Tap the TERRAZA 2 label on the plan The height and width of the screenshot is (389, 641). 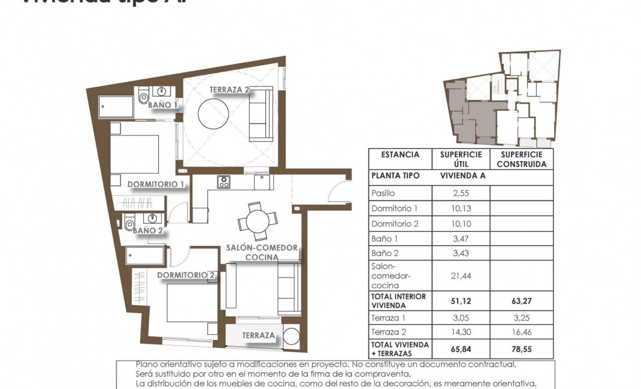tap(229, 90)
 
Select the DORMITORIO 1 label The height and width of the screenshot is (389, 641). tap(156, 184)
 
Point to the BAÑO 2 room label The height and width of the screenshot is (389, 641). tap(147, 230)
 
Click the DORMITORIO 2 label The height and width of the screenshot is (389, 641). tap(186, 275)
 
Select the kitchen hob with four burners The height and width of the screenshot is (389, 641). tap(223, 181)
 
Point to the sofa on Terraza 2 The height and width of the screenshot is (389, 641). tap(261, 114)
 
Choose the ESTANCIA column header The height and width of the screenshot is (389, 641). tap(400, 154)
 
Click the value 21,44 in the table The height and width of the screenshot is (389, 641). tap(461, 275)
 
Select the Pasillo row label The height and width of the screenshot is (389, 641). tap(383, 193)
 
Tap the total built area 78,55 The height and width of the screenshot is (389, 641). tap(521, 348)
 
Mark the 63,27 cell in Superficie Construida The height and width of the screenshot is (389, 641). tap(521, 301)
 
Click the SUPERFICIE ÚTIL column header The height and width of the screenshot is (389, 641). tap(461, 159)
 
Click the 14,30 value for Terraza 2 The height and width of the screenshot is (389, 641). tap(461, 332)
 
